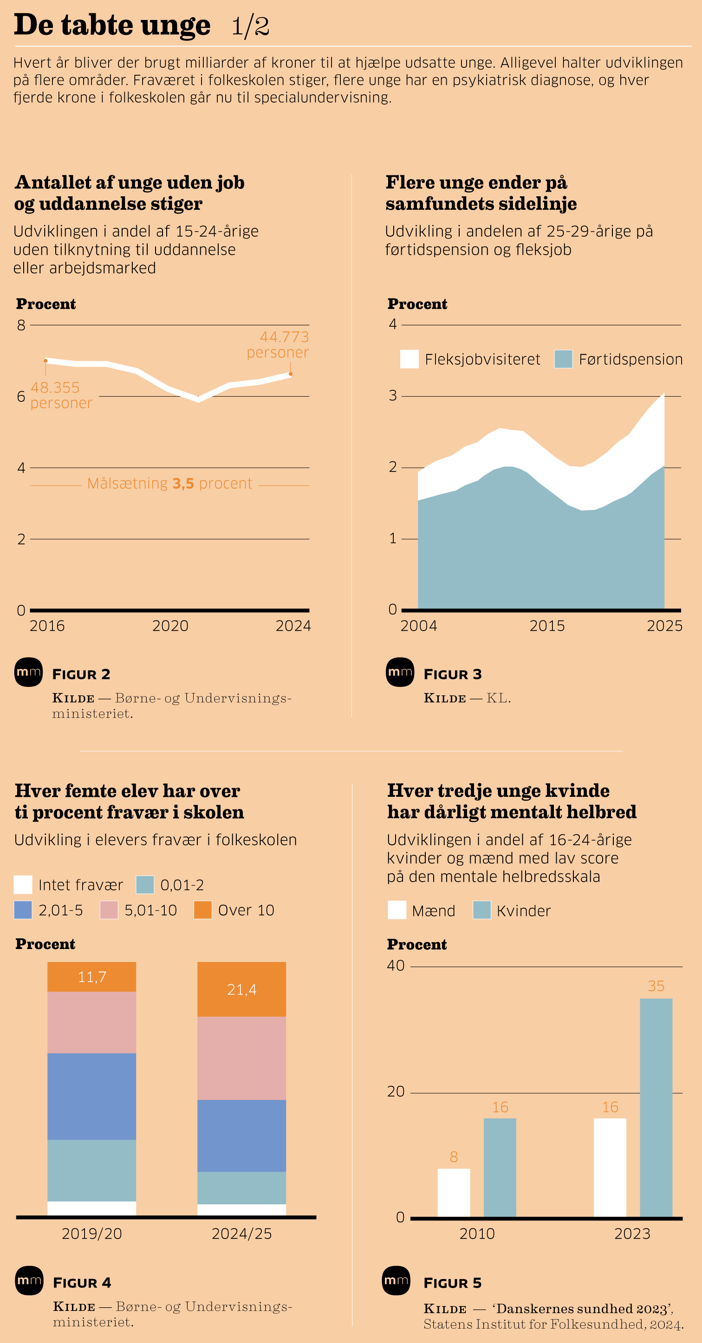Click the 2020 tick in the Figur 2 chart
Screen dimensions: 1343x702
point(170,626)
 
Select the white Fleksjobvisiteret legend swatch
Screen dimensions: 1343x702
point(409,359)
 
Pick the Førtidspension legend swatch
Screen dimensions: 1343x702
point(563,359)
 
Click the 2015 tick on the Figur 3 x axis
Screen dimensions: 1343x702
point(547,626)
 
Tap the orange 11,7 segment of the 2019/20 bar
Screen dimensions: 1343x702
point(92,976)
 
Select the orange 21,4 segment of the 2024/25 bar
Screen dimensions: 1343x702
point(241,989)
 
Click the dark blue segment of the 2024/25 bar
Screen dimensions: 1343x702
point(241,1136)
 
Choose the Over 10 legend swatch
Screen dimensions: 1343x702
point(203,910)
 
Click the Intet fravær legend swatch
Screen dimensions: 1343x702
point(23,885)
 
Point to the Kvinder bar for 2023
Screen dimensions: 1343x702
point(656,1107)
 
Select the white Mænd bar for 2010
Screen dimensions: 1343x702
point(454,1193)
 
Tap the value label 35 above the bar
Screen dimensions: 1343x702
point(656,986)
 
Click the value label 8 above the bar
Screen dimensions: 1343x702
point(454,1157)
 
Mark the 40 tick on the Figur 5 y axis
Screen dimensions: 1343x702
point(396,966)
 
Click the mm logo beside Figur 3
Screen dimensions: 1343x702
point(400,672)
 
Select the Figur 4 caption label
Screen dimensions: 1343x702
point(82,1283)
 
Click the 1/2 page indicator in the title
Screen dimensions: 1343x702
point(250,26)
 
